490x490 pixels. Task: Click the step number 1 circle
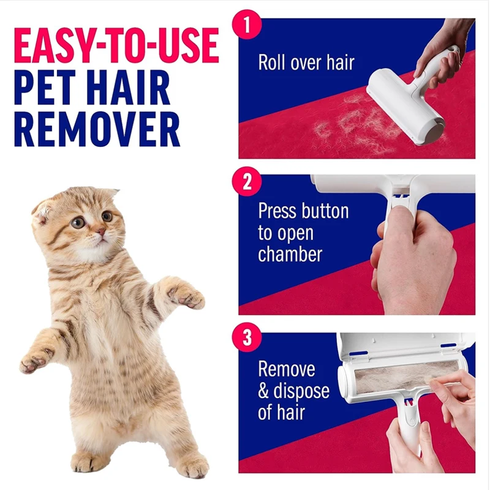coord(247,24)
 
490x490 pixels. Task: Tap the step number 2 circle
coord(247,181)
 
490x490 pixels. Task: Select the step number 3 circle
coord(247,337)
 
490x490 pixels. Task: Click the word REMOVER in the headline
coord(97,129)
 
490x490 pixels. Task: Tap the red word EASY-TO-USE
coord(116,45)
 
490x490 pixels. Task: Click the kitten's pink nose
coord(100,232)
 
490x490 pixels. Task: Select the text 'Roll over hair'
coord(306,62)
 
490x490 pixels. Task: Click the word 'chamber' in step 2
coord(290,254)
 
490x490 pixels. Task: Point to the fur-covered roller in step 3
coord(398,377)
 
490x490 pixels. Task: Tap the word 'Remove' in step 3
coord(287,369)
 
